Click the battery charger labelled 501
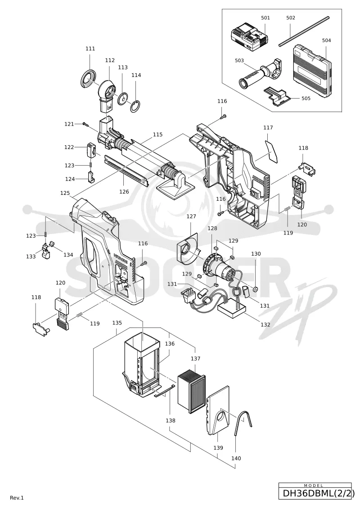click(x=249, y=39)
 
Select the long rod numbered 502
click(x=304, y=32)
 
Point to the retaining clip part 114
click(x=135, y=106)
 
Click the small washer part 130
click(x=256, y=288)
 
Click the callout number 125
click(x=65, y=193)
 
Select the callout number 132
click(x=265, y=324)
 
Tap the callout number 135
click(x=117, y=323)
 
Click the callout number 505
click(x=306, y=98)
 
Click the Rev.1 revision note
click(x=17, y=498)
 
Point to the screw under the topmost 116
click(x=223, y=116)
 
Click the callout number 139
click(x=218, y=448)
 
